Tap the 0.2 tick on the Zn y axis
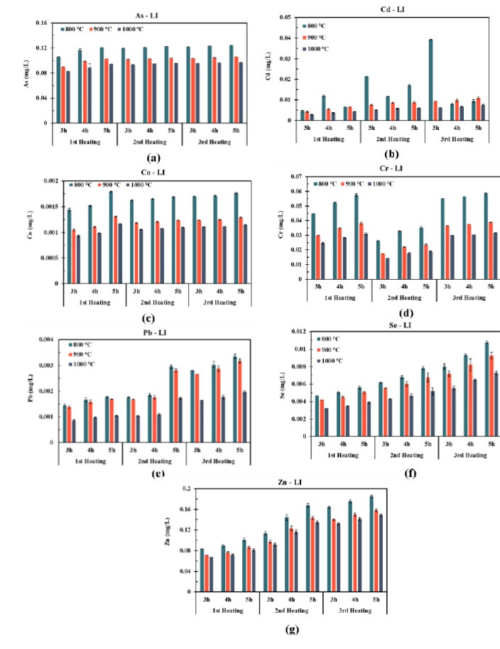tap(187, 489)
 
